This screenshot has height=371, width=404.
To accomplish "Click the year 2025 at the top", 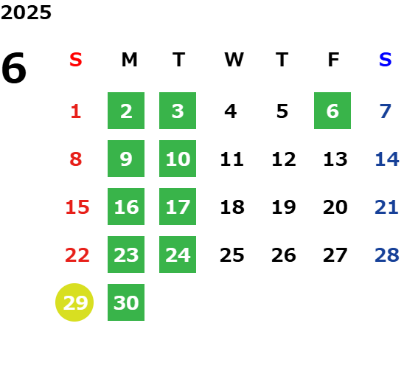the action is click(x=26, y=13).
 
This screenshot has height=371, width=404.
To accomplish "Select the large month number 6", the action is click(x=14, y=68).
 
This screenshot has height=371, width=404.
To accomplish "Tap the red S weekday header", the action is click(x=76, y=60).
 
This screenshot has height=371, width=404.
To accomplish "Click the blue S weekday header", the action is click(x=385, y=60).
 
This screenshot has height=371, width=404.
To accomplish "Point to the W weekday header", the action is click(x=234, y=60).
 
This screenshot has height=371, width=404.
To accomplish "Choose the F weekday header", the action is click(x=333, y=60).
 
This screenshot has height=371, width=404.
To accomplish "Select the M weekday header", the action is click(x=129, y=60).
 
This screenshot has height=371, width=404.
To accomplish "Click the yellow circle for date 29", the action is click(x=74, y=302).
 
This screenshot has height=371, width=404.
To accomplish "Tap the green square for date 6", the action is click(x=332, y=111).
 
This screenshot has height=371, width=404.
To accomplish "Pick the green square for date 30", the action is click(x=126, y=302).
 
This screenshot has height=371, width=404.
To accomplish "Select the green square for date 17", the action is click(x=178, y=207).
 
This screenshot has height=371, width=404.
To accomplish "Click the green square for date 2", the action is click(x=126, y=111).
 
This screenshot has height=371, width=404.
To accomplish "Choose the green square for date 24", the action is click(x=178, y=254).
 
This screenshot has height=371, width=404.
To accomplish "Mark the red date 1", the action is click(x=76, y=111).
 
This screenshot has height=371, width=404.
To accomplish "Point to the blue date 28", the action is click(x=387, y=255).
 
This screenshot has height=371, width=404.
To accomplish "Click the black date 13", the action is click(x=335, y=159).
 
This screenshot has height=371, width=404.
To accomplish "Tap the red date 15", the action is click(x=77, y=207).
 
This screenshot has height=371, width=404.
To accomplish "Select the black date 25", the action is click(x=232, y=255).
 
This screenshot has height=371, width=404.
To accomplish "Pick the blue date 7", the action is click(x=385, y=111).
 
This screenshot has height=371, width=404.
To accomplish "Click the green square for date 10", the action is click(x=178, y=159).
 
